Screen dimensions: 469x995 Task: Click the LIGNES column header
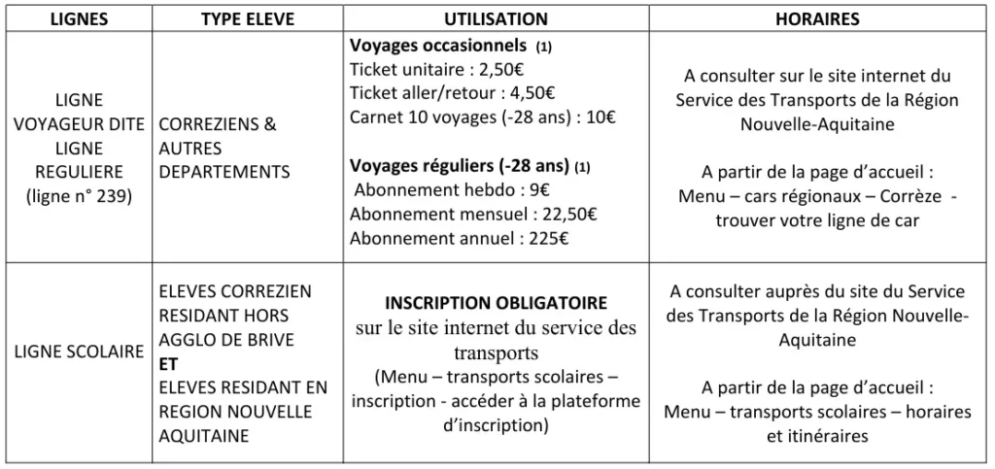[79, 19]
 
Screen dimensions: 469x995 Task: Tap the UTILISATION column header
[497, 19]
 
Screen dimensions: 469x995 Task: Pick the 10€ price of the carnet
[603, 118]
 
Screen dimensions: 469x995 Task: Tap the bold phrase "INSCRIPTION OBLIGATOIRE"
[497, 303]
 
